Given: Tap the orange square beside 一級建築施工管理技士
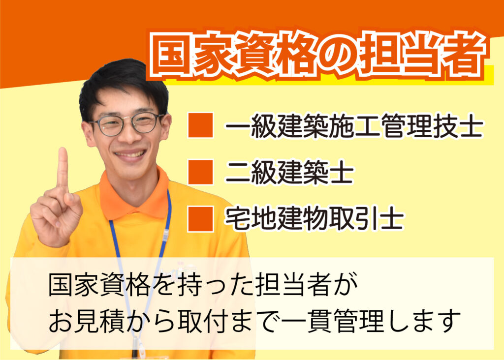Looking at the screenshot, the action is click(x=201, y=125).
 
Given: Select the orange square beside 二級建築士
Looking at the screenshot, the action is click(x=201, y=172).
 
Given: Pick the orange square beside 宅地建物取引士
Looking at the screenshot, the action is click(x=201, y=219).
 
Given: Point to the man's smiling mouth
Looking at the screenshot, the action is click(x=130, y=155).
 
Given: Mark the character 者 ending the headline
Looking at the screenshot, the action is click(x=463, y=55).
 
